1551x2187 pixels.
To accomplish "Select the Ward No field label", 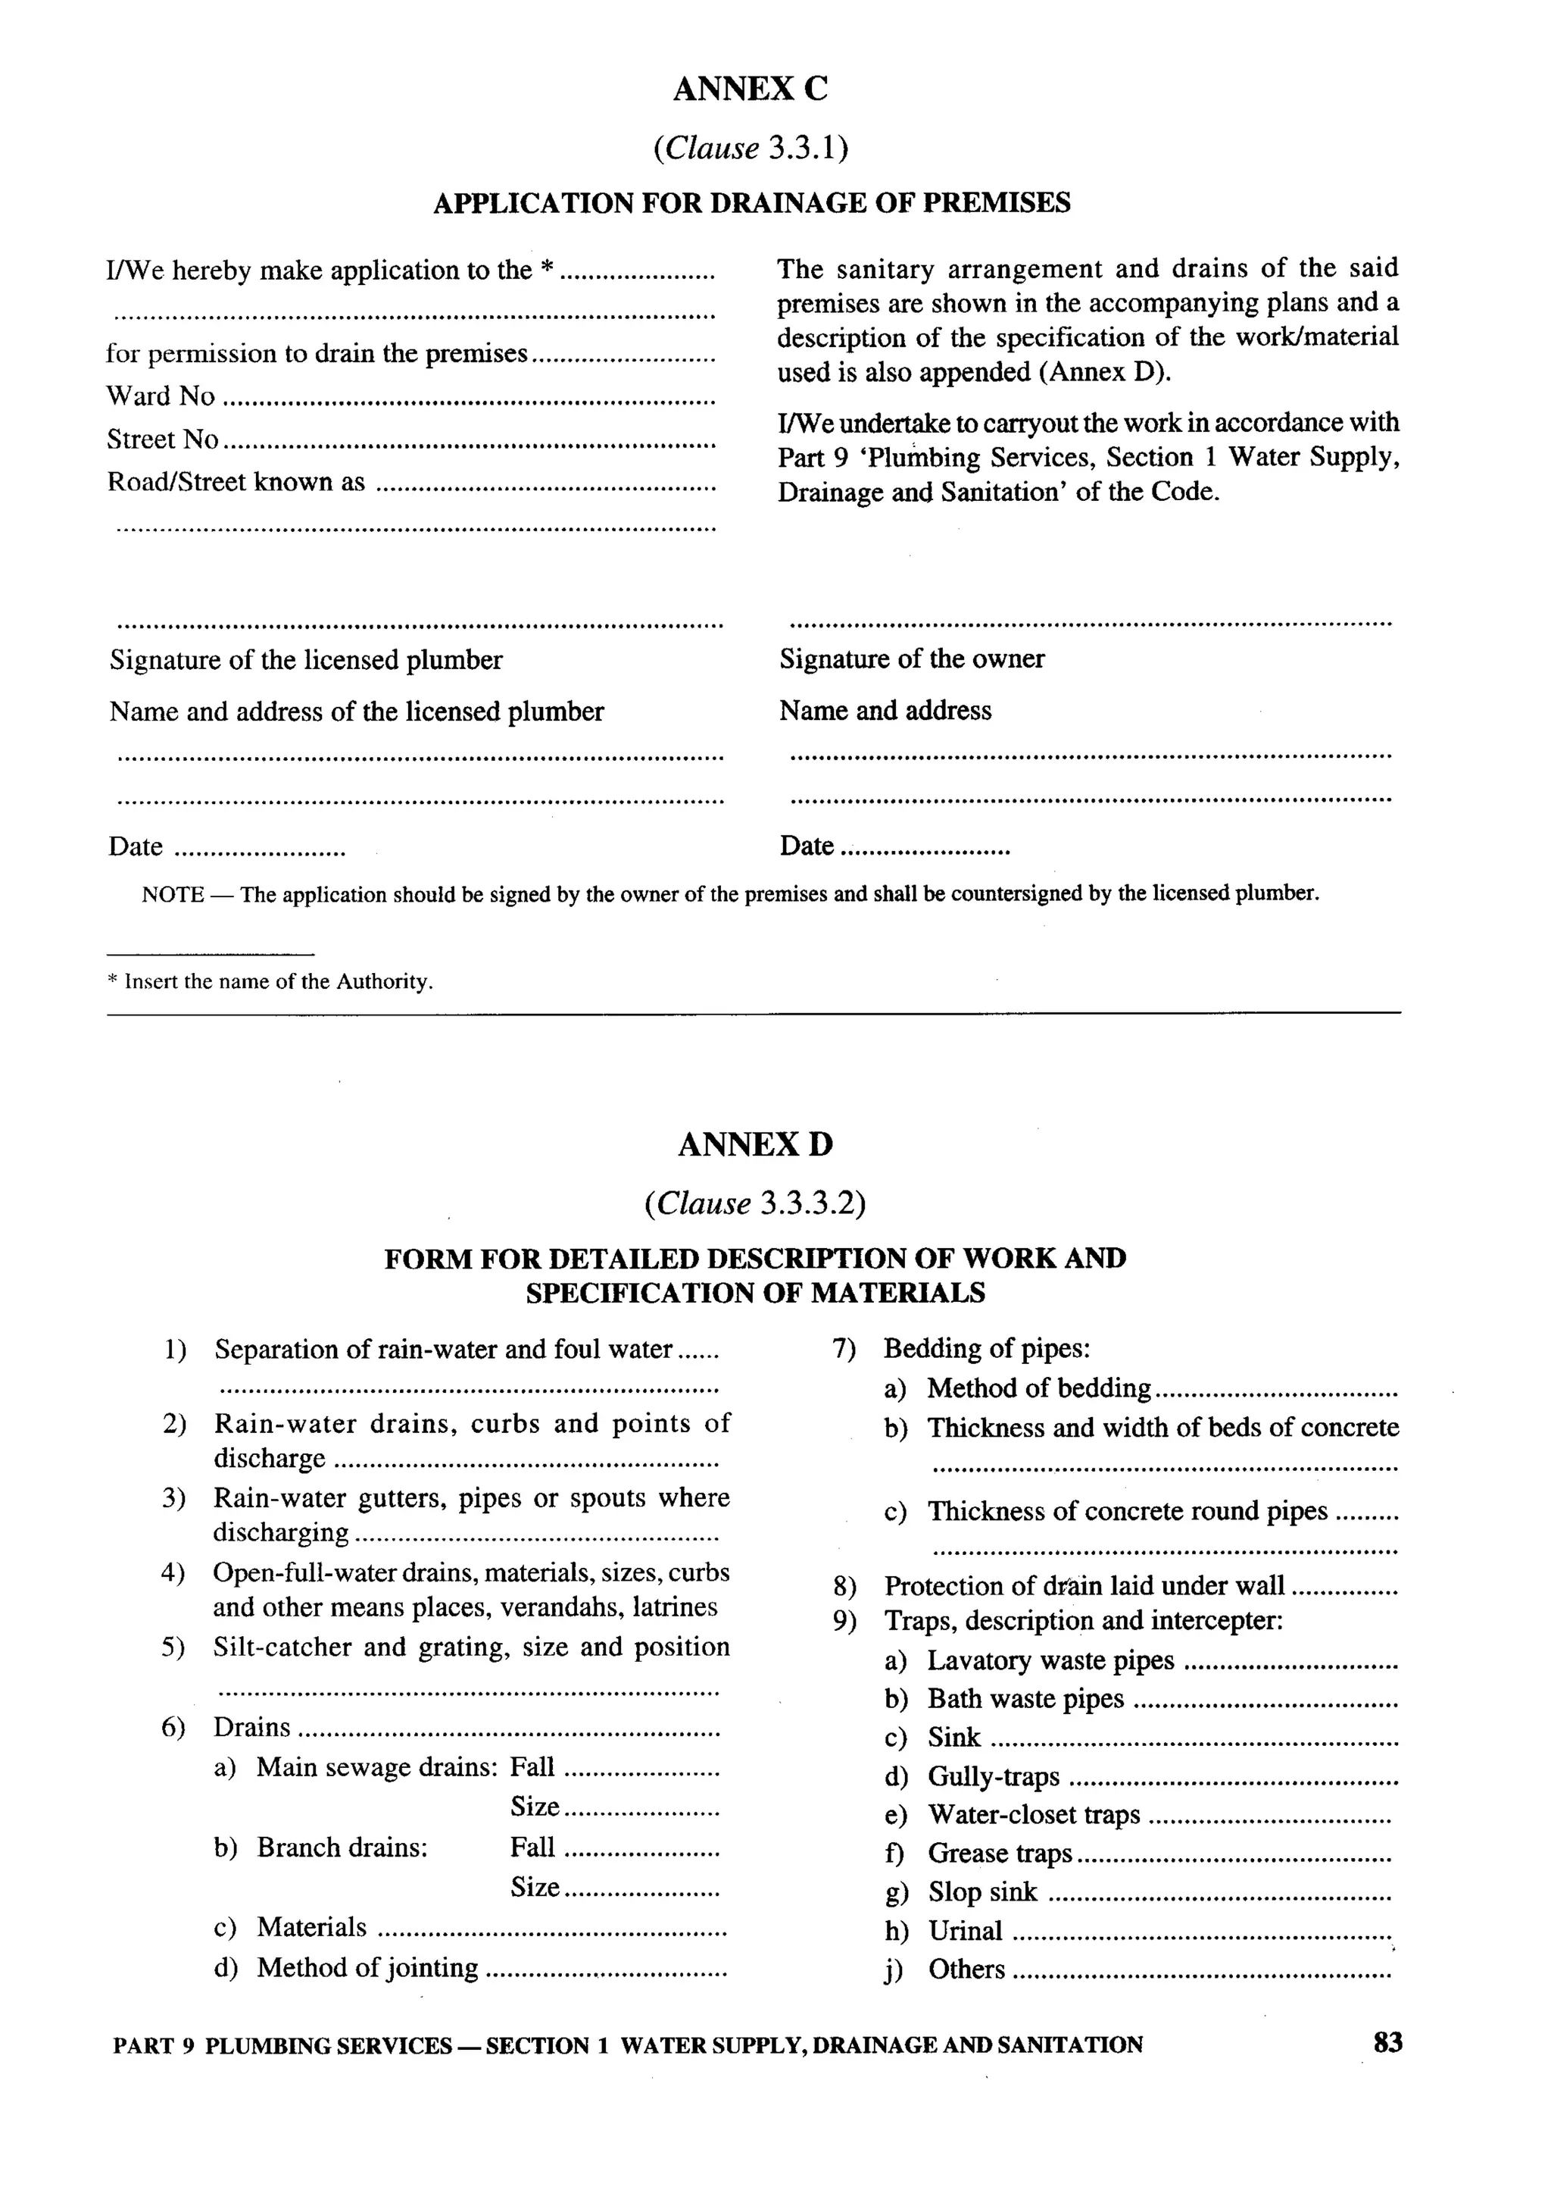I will [x=161, y=396].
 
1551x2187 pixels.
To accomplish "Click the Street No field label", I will [x=162, y=440].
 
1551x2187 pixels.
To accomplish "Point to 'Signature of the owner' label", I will [x=911, y=659].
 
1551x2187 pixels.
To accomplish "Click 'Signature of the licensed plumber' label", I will [x=306, y=660].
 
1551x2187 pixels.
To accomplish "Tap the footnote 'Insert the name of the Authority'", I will [x=277, y=981].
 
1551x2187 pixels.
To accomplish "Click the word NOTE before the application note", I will [x=172, y=895].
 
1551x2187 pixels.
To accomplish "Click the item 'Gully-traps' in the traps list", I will [x=994, y=1776].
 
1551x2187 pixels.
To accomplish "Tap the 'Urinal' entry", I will [x=965, y=1931].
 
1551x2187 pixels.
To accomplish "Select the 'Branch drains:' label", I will [x=342, y=1847].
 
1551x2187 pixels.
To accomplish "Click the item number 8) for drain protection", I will [x=844, y=1587].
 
